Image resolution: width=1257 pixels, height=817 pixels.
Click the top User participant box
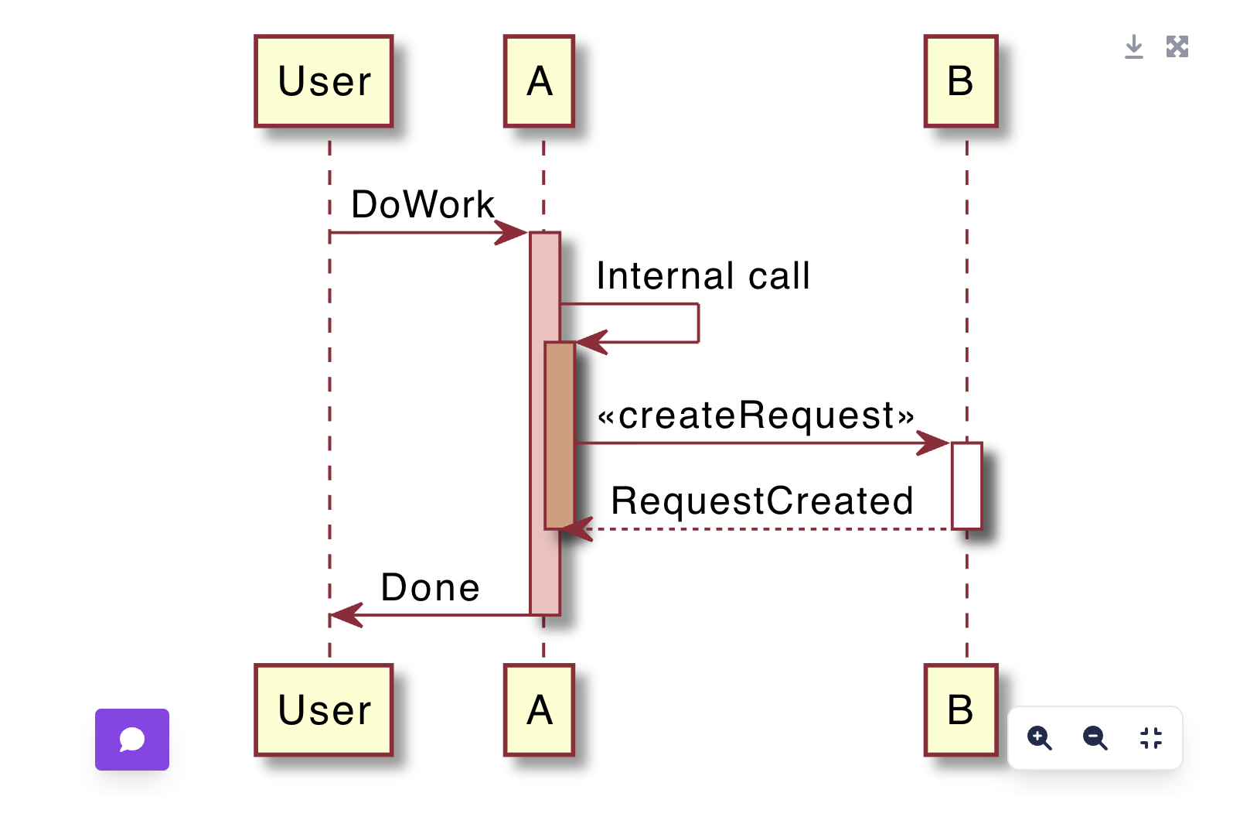[x=324, y=81]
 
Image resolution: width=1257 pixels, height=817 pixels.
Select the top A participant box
[x=539, y=81]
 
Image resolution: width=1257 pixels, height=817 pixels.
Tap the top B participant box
[x=961, y=81]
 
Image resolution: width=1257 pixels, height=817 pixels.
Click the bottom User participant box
[x=324, y=710]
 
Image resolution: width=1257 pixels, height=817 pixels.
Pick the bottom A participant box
[x=539, y=710]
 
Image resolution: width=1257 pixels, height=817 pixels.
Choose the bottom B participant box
[x=961, y=710]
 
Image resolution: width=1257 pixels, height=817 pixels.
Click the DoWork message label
[x=422, y=205]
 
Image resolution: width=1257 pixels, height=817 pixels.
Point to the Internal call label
[x=703, y=276]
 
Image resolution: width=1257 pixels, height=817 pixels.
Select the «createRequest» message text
[x=756, y=415]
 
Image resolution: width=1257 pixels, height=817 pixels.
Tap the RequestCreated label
[x=762, y=501]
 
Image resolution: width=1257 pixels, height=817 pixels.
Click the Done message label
[x=431, y=588]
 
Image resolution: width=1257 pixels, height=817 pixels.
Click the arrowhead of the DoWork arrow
[x=512, y=232]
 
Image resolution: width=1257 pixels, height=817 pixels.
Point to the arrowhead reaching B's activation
[x=934, y=443]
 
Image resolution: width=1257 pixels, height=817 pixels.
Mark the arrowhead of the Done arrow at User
[x=346, y=615]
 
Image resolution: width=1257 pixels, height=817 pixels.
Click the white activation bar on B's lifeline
[x=966, y=486]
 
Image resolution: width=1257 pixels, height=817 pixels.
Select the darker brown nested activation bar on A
[x=560, y=435]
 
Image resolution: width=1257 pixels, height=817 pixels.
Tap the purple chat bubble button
[x=132, y=740]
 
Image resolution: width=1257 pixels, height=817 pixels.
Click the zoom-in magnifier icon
[x=1039, y=738]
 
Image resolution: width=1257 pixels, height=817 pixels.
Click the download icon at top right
[x=1133, y=47]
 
